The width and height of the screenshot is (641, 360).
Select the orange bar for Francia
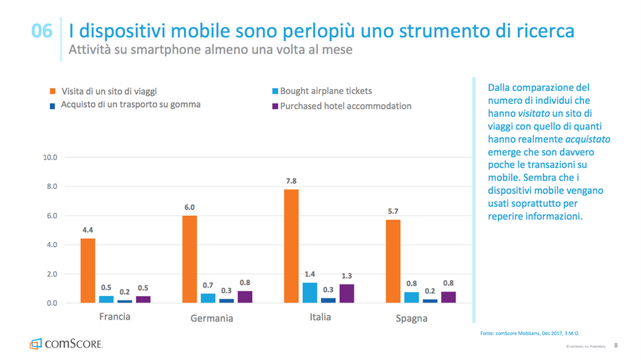point(88,270)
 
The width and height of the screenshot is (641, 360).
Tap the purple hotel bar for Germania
point(245,297)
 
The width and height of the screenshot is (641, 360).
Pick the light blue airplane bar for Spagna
point(412,297)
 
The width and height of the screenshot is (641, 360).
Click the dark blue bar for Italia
point(328,300)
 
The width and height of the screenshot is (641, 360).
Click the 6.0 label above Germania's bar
point(189,208)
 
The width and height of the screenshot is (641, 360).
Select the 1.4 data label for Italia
point(310,274)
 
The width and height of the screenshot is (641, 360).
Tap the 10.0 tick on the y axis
point(49,158)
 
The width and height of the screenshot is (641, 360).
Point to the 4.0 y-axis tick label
point(51,245)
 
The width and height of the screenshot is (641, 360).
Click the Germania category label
point(212,318)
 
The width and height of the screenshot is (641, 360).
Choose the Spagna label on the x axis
point(412,318)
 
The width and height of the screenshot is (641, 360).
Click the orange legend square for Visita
point(53,92)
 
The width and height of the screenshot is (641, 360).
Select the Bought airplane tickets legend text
point(326,92)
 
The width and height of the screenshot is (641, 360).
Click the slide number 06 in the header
point(42,31)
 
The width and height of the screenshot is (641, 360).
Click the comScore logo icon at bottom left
point(35,344)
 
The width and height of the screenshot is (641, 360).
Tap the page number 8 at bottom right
point(616,345)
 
